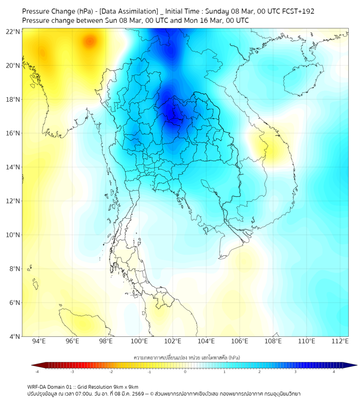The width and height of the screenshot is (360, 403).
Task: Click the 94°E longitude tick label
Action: coord(39,341)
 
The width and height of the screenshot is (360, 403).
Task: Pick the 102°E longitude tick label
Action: coord(173,341)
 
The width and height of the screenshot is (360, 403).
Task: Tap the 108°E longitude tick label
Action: coord(273,341)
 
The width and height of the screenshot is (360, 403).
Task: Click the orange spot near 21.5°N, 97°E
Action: coord(89,41)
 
